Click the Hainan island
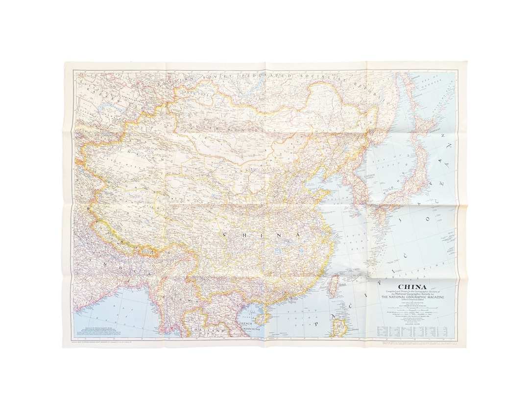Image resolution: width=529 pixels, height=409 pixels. [x=260, y=319]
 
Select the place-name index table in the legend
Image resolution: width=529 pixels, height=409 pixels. [x=414, y=331]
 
